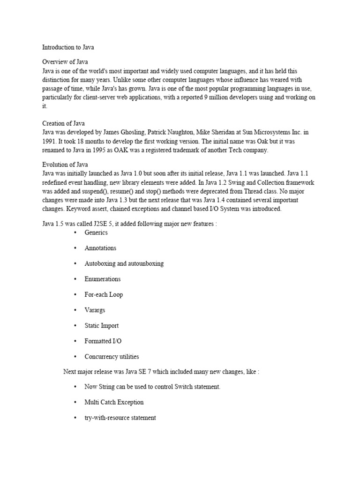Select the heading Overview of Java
tap(65, 62)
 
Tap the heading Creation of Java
tap(63, 124)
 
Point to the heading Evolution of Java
tap(65, 165)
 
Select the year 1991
tap(50, 142)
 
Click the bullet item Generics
tap(96, 232)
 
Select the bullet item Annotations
tap(100, 248)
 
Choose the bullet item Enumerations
tap(103, 279)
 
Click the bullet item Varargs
tap(95, 310)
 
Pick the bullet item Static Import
tap(102, 326)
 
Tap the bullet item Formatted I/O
tap(103, 341)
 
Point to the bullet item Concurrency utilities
tap(112, 357)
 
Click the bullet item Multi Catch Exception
tap(114, 402)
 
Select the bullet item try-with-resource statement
tap(120, 418)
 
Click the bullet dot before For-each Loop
tap(75, 294)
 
